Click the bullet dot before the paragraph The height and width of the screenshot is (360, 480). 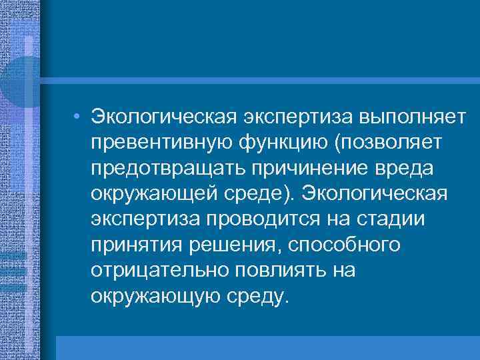(78, 117)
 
